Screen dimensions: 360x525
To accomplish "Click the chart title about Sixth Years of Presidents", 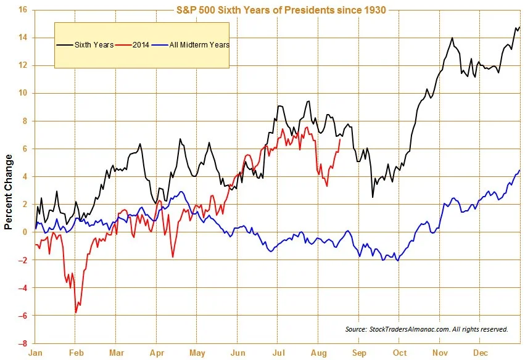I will [279, 10].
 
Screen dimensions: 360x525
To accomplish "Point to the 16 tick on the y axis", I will [22, 10].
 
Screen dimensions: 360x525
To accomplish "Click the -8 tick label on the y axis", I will [22, 343].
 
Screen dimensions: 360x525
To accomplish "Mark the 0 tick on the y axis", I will [24, 232].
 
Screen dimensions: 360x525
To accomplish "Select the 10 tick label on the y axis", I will [22, 93].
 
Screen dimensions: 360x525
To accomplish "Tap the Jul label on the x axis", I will [278, 353].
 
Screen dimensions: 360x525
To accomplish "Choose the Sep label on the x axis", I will [360, 353].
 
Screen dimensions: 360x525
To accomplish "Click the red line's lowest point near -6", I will [76, 313].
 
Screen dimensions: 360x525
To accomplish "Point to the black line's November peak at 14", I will [452, 38].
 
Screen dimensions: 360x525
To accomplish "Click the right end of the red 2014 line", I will [340, 139].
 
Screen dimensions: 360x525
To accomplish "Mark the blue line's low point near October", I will [397, 261].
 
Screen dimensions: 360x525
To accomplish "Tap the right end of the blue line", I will [519, 170].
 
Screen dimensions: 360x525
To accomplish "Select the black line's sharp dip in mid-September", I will [373, 197].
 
